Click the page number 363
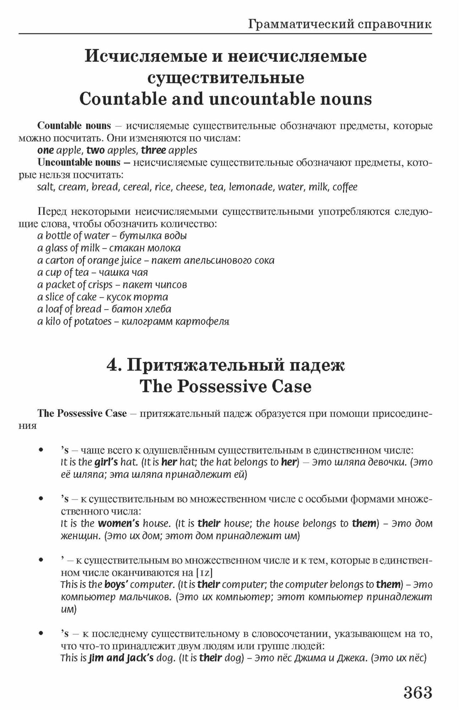[x=417, y=692]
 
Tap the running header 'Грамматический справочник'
[x=340, y=24]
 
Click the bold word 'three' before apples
[x=153, y=150]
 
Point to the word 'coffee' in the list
[x=345, y=187]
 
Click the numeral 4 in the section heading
[x=113, y=365]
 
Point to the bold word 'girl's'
[x=106, y=462]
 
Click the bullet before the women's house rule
[x=42, y=499]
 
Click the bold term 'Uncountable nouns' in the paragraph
[x=79, y=163]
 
